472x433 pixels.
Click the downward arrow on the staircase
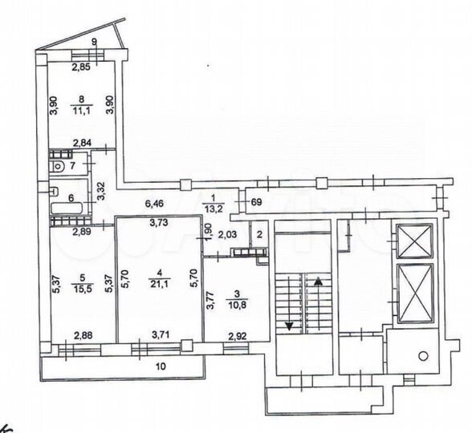click(287, 324)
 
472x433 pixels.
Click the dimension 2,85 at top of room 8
click(80, 68)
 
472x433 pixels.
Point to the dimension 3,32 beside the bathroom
click(100, 190)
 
